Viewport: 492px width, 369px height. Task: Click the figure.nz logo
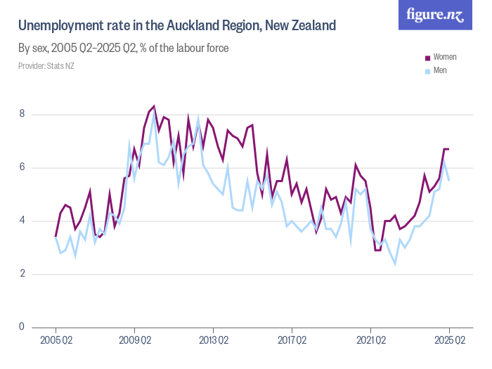click(435, 15)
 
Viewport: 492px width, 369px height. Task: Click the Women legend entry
click(445, 56)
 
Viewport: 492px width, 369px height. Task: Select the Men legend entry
click(440, 70)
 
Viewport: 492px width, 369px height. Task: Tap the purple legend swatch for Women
click(427, 56)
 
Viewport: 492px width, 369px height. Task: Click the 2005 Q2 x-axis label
click(56, 341)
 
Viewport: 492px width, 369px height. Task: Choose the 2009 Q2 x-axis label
click(134, 341)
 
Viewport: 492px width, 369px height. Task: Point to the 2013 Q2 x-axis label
click(213, 341)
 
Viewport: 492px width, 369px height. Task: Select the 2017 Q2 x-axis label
click(292, 341)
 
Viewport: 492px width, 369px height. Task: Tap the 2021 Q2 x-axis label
click(370, 341)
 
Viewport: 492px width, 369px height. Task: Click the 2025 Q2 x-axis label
click(449, 341)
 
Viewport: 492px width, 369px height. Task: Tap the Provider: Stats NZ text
click(46, 66)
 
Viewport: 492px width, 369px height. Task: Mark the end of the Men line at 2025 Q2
click(449, 181)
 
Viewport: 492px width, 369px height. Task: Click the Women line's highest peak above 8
click(153, 106)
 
